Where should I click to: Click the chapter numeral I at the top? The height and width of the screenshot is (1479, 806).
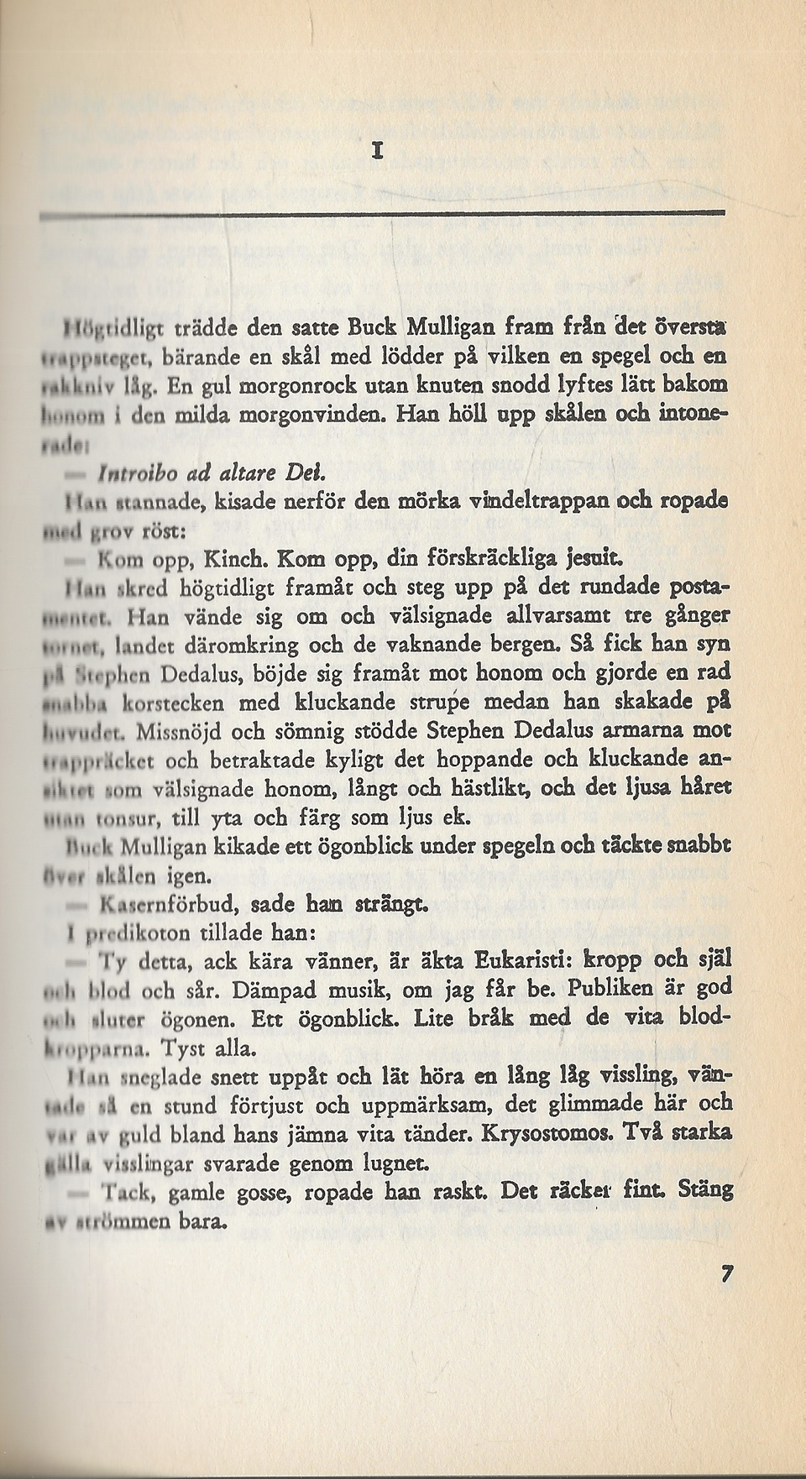click(x=379, y=151)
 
